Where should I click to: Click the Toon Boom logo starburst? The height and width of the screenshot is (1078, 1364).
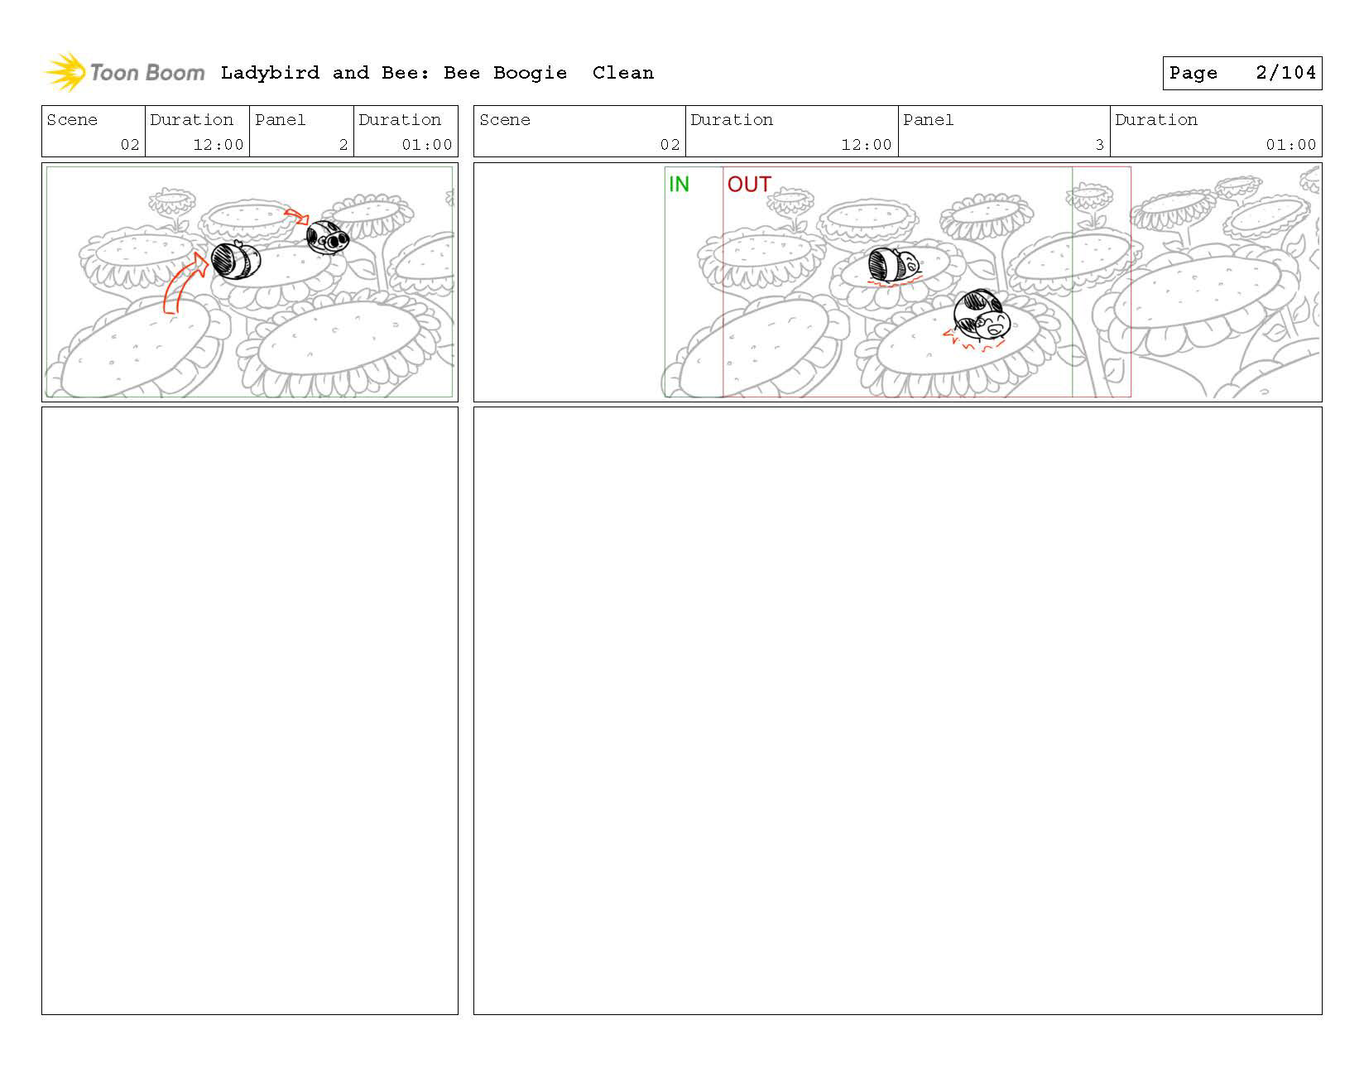point(65,72)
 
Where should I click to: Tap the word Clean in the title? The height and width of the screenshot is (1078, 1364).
point(623,73)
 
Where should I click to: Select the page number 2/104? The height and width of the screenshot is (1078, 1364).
point(1285,73)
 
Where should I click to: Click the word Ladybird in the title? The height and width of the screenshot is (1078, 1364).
point(270,73)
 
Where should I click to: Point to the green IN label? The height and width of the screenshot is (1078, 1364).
point(679,184)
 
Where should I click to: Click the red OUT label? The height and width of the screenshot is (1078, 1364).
point(749,184)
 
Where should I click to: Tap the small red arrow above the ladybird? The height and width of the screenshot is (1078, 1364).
point(296,216)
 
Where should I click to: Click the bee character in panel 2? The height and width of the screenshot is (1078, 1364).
point(236,260)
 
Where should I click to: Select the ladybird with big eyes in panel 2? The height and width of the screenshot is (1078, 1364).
point(328,238)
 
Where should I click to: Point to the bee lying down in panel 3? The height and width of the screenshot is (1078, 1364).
point(894,266)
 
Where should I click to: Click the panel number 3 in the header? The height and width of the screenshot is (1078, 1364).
point(1099,145)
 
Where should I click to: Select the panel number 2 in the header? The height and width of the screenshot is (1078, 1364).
point(343,145)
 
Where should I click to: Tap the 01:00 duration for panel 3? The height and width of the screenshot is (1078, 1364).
point(1290,145)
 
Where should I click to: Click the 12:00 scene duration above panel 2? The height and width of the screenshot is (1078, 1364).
point(219,145)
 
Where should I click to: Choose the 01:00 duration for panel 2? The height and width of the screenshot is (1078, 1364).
point(427,145)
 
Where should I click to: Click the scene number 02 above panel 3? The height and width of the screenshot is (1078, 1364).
point(670,145)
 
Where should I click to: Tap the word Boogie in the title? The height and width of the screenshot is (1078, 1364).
point(530,73)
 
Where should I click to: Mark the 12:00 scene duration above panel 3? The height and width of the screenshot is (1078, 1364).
point(867,145)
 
